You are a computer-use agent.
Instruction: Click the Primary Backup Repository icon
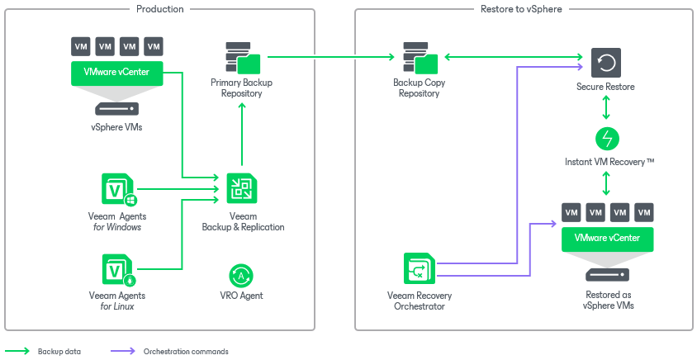(x=242, y=58)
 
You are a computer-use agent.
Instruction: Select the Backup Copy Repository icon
(x=420, y=58)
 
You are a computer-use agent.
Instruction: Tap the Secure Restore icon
(x=606, y=63)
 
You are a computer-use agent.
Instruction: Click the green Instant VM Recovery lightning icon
(x=607, y=138)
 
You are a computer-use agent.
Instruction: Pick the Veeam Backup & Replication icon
(x=241, y=189)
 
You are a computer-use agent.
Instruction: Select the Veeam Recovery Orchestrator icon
(x=420, y=269)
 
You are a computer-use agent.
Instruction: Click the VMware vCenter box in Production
(x=116, y=73)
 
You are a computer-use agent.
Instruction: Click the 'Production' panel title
(x=159, y=9)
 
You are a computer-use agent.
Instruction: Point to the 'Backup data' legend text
(x=59, y=352)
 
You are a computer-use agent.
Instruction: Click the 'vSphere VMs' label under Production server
(x=116, y=127)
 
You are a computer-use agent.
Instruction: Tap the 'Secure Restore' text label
(x=606, y=87)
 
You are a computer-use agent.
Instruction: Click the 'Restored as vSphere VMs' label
(x=607, y=299)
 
